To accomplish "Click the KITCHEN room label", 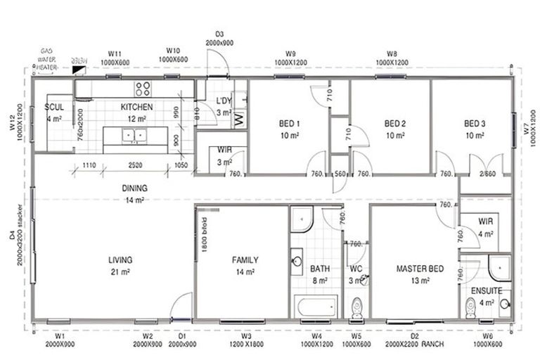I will click(x=136, y=107).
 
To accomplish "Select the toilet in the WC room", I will click(x=356, y=307).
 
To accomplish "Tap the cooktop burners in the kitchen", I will click(x=143, y=89).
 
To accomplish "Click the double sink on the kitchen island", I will click(x=134, y=135).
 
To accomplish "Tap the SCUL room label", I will click(x=54, y=107).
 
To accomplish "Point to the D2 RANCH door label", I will click(x=415, y=340).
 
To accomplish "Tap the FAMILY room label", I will click(x=245, y=259).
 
